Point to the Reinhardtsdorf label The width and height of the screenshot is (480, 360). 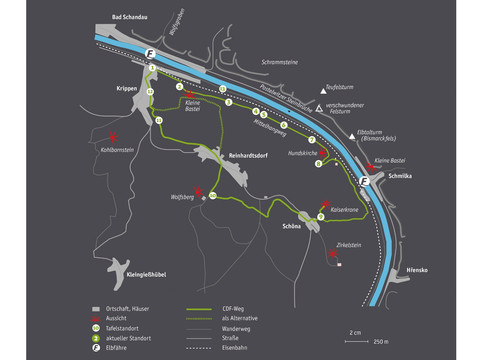[251, 157]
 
